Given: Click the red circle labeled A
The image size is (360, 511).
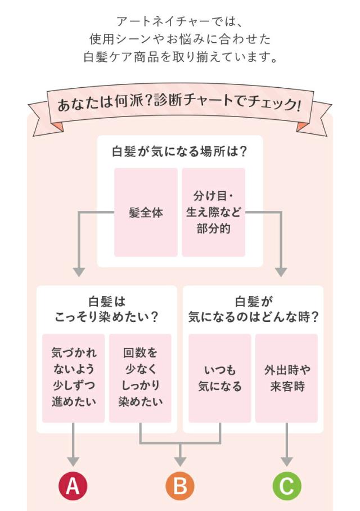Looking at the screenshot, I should (x=73, y=485).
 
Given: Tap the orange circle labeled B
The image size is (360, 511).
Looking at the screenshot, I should (x=180, y=485).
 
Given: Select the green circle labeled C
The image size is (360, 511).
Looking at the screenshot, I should (x=287, y=485).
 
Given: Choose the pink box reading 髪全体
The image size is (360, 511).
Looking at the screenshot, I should (x=146, y=213).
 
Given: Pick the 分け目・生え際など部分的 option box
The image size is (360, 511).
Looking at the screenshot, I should (x=214, y=213).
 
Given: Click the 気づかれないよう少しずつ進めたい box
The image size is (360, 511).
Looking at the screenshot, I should (x=74, y=378).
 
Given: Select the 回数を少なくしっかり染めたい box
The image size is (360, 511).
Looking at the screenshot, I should (x=140, y=378).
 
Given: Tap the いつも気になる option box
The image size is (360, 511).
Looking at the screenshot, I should (x=219, y=378).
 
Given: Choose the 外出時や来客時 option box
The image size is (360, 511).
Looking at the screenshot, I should (x=287, y=378).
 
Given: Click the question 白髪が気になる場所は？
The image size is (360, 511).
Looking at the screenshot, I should (x=180, y=151).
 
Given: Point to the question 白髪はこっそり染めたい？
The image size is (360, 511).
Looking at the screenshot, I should (x=106, y=310).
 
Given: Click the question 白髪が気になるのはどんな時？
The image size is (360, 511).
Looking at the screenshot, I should (x=253, y=310).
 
